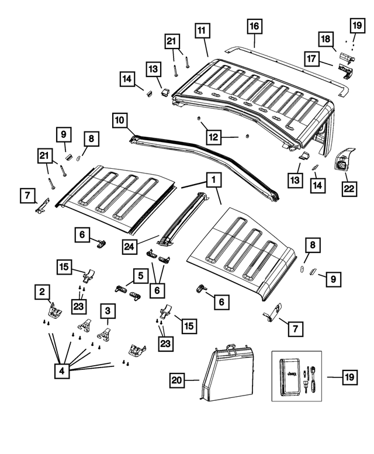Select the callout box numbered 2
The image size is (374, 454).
[41, 290]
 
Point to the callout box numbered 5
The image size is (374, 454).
[139, 273]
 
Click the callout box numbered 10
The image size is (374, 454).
[119, 121]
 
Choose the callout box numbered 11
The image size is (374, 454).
[202, 30]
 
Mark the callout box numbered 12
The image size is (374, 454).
[213, 138]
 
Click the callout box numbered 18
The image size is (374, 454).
[325, 39]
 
